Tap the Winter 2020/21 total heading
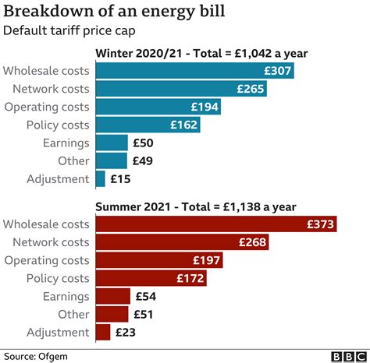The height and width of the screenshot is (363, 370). click(201, 54)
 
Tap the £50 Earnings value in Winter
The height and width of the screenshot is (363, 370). click(144, 143)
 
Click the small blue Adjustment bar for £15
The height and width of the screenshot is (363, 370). click(100, 178)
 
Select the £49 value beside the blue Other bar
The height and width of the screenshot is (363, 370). click(144, 160)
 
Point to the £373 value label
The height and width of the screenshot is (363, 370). click(320, 224)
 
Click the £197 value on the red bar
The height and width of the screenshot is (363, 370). click(208, 260)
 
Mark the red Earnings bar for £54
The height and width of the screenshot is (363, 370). click(112, 296)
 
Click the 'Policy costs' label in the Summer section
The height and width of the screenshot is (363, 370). click(55, 278)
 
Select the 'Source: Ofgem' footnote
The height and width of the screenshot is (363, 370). click(38, 355)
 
